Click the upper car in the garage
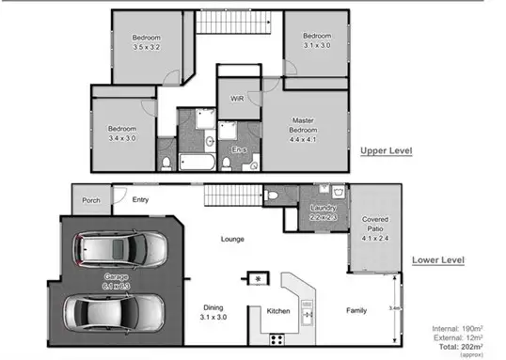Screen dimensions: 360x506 coord(123,250)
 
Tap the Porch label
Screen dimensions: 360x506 coord(91,199)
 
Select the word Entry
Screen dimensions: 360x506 coord(140,199)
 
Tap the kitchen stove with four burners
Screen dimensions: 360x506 coord(278,338)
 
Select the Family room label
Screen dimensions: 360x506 coord(356,309)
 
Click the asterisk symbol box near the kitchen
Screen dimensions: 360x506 coord(255,278)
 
